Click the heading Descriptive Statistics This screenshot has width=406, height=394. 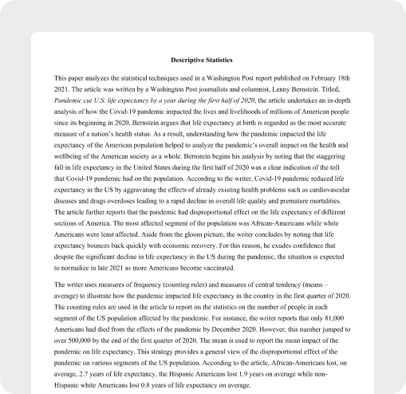[x=202, y=59]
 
